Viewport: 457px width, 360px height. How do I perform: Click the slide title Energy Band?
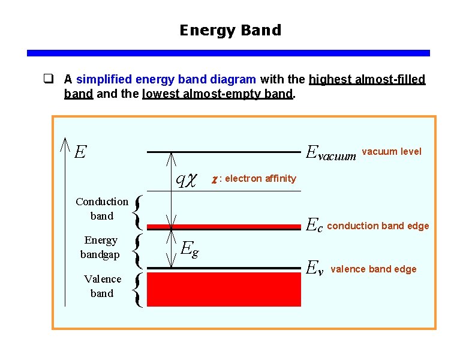coord(230,30)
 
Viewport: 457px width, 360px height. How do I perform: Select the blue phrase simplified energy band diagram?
coord(167,79)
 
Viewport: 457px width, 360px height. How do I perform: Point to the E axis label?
coord(80,151)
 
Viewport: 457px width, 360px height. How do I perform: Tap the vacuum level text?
coord(392,151)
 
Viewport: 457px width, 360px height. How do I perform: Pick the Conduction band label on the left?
coord(102,209)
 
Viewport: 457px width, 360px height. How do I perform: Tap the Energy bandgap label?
coord(101,247)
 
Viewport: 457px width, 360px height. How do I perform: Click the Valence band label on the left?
coord(102,286)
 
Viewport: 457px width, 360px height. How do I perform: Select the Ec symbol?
coord(314,226)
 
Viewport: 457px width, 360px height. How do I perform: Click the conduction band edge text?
coord(378,226)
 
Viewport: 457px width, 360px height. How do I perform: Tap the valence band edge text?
coord(374,269)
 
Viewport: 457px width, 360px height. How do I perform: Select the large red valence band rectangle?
coord(224,290)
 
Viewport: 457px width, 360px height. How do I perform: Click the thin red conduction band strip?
coord(224,227)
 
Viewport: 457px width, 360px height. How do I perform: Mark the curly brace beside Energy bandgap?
coord(139,250)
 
